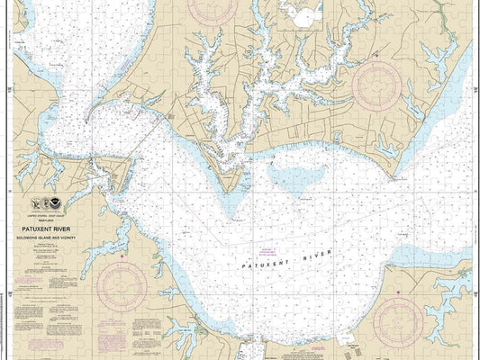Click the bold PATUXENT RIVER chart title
[58, 228]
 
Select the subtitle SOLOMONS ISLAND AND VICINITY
[58, 236]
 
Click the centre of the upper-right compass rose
[379, 87]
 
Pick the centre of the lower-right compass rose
[398, 321]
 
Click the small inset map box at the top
[302, 14]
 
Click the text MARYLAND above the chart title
[58, 220]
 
